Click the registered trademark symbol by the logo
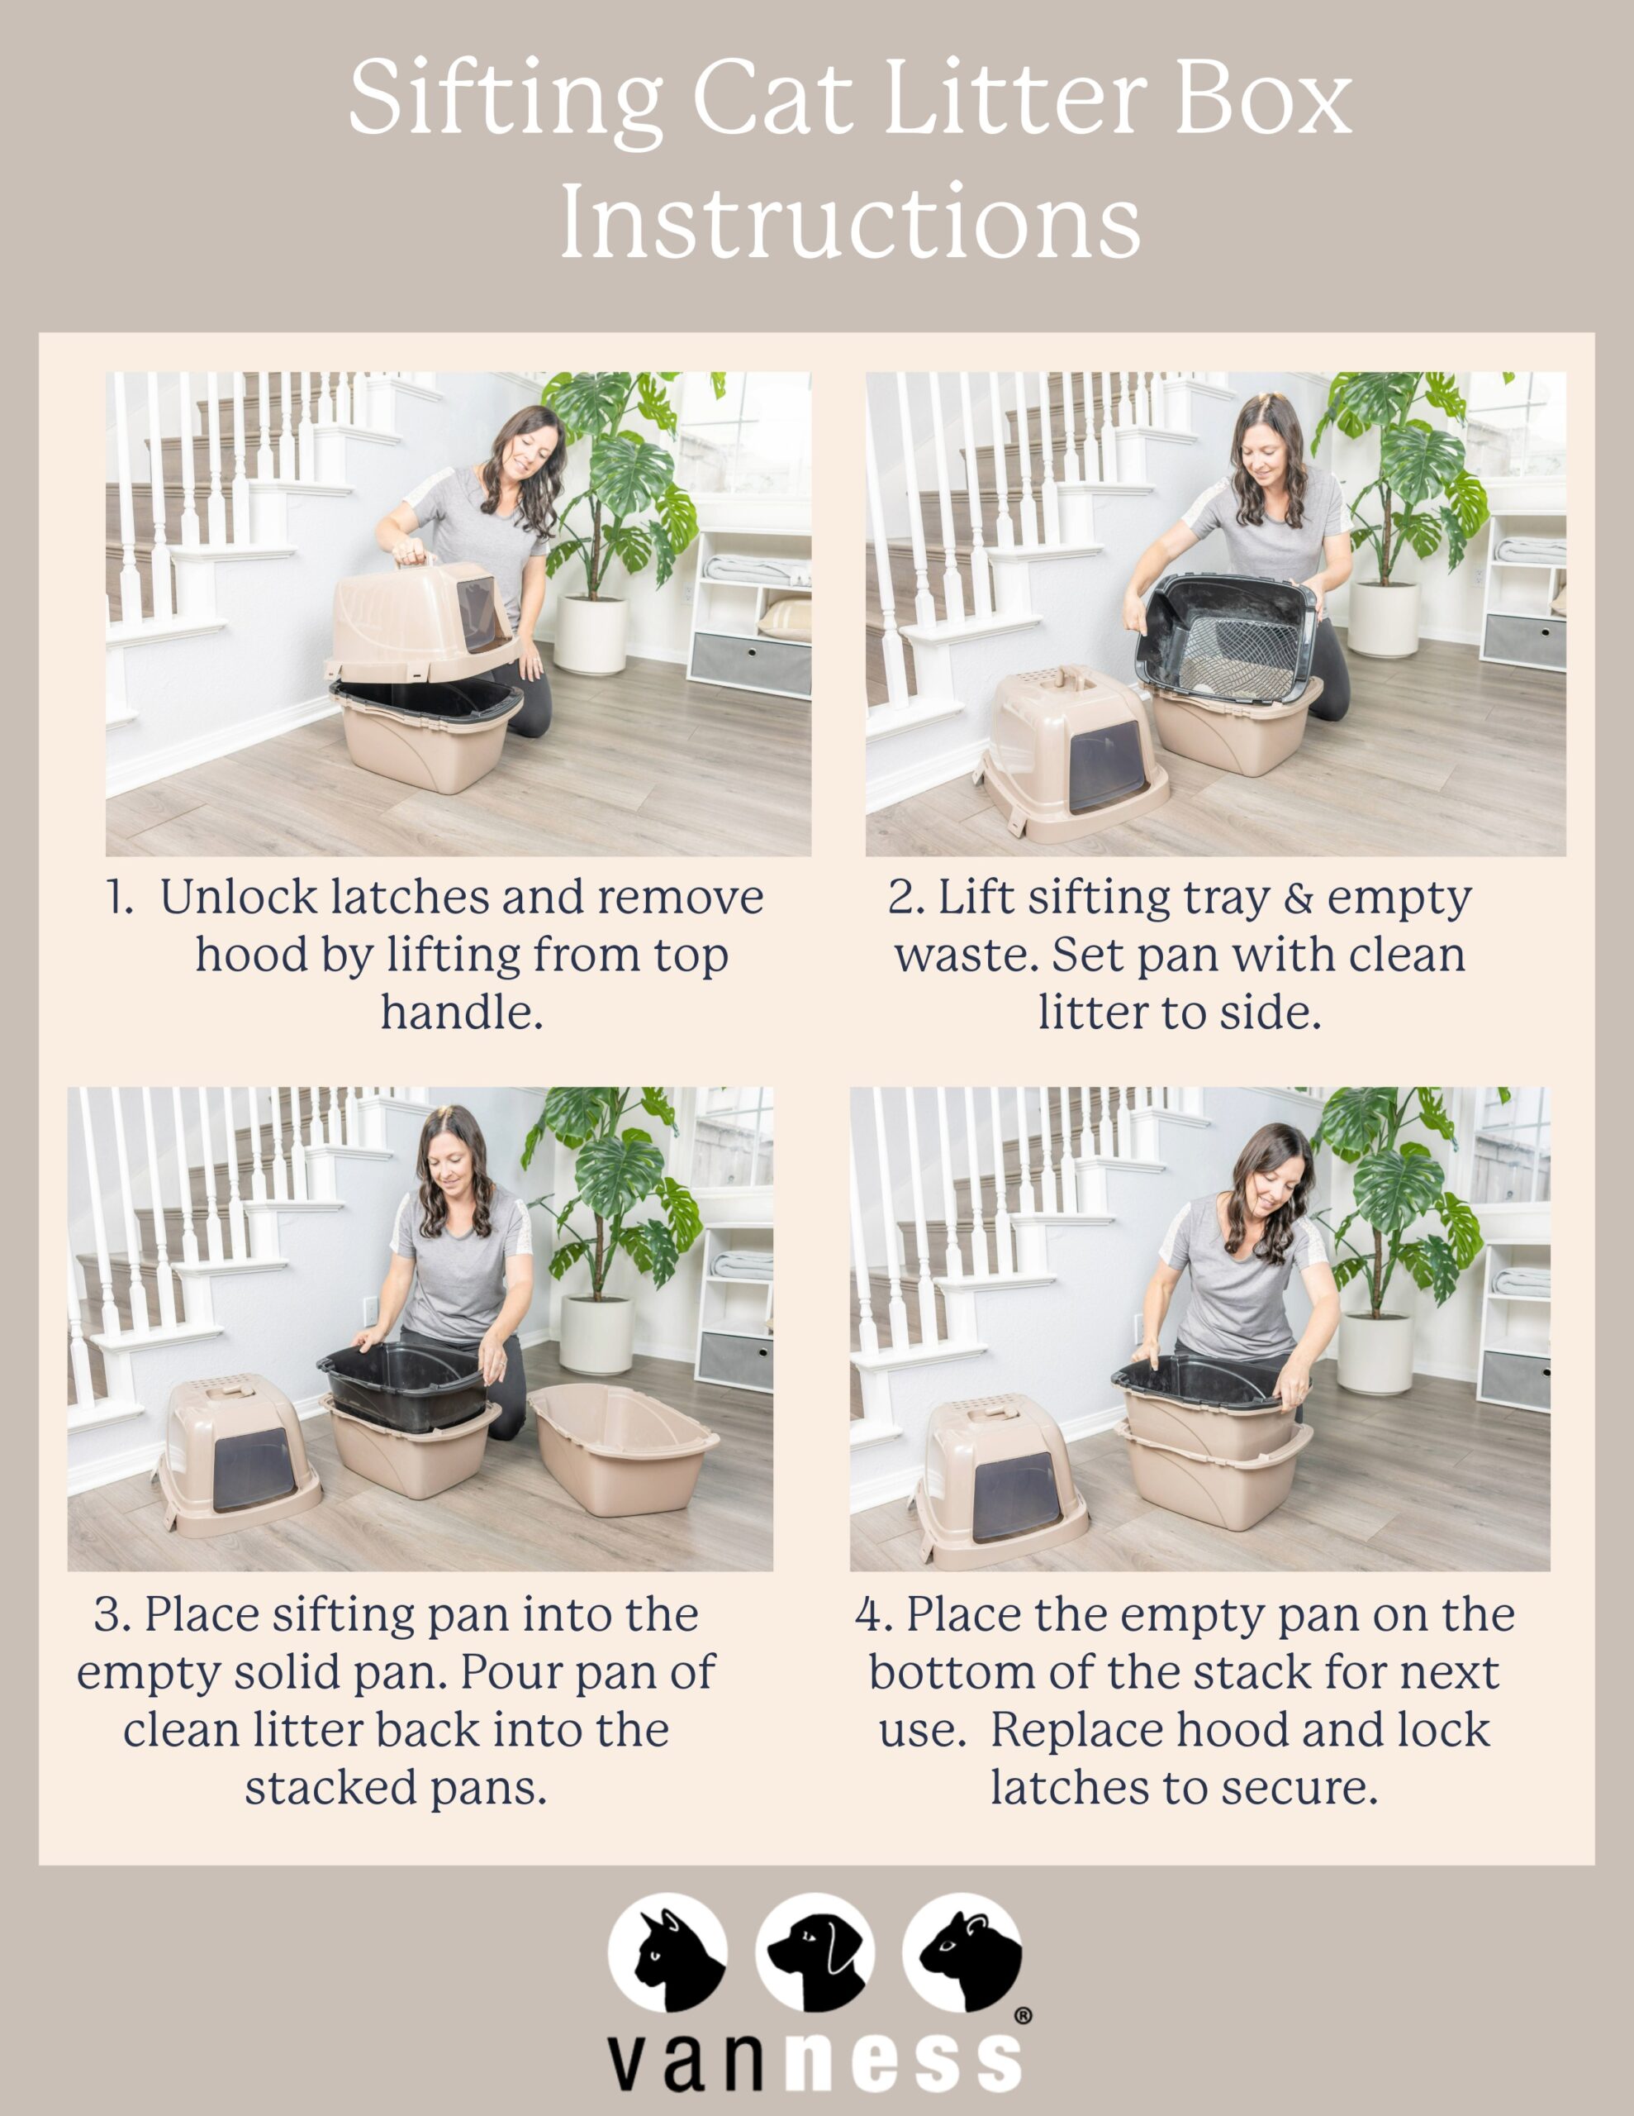(x=1022, y=2016)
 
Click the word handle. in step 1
(x=461, y=1013)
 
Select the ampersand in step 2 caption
(x=1298, y=898)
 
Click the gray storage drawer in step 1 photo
(x=750, y=664)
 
